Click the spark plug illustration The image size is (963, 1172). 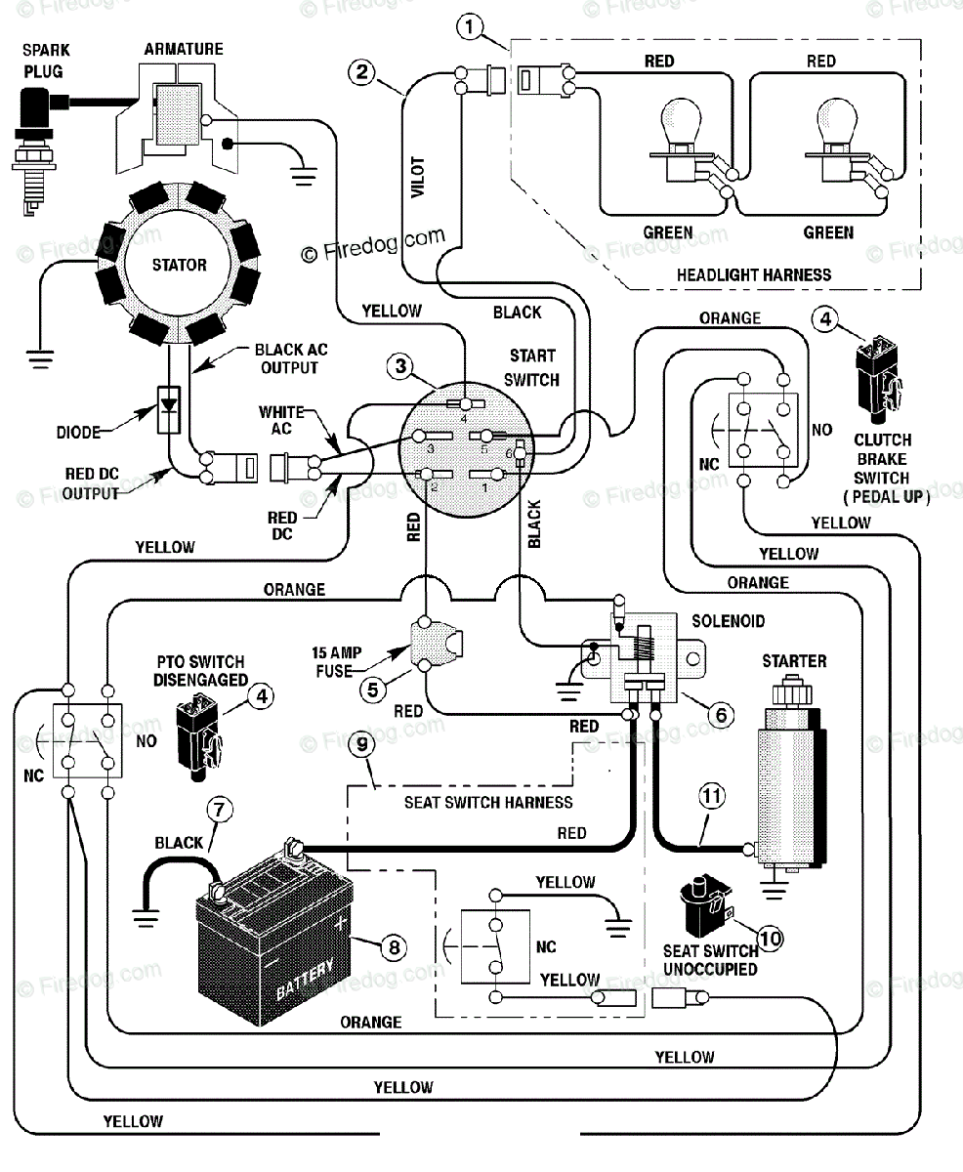(36, 148)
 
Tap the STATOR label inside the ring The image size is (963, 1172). (180, 265)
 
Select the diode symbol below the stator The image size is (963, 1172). (168, 409)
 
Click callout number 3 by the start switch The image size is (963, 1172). (400, 366)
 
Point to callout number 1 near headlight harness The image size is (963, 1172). (470, 26)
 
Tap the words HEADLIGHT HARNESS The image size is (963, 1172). (754, 275)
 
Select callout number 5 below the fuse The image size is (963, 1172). (372, 690)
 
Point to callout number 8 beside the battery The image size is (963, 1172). (394, 947)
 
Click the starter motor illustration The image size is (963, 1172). (792, 773)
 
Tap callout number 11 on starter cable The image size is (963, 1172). (712, 796)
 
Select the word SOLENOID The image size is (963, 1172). (728, 621)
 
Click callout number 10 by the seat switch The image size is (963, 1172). (771, 939)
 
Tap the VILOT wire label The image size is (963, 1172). (417, 178)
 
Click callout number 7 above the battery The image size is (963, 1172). (220, 810)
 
